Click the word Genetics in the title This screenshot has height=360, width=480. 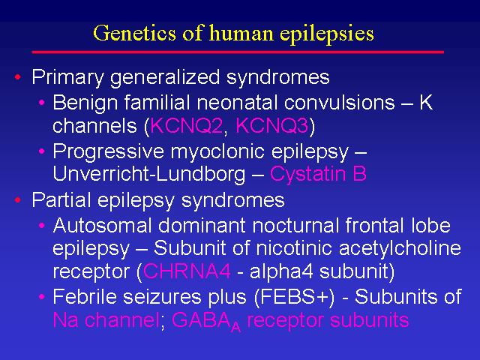pyautogui.click(x=135, y=32)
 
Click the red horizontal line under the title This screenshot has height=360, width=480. pyautogui.click(x=238, y=52)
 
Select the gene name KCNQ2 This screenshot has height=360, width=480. pyautogui.click(x=187, y=125)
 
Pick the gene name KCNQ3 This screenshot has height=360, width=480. pyautogui.click(x=271, y=125)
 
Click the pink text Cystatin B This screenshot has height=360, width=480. pyautogui.click(x=318, y=174)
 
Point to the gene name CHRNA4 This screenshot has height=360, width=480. pyautogui.click(x=187, y=271)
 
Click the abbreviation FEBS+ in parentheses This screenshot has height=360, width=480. pyautogui.click(x=294, y=296)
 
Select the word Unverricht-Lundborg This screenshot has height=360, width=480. pyautogui.click(x=149, y=174)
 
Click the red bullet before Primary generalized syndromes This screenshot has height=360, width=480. pyautogui.click(x=18, y=76)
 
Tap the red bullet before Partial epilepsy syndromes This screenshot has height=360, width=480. pyautogui.click(x=18, y=200)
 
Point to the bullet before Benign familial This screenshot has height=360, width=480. pyautogui.click(x=42, y=102)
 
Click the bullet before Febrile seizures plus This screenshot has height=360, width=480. pyautogui.click(x=42, y=296)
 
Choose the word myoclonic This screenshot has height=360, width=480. pyautogui.click(x=218, y=151)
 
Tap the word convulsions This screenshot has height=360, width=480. pyautogui.click(x=339, y=102)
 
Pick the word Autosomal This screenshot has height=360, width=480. pyautogui.click(x=102, y=225)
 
